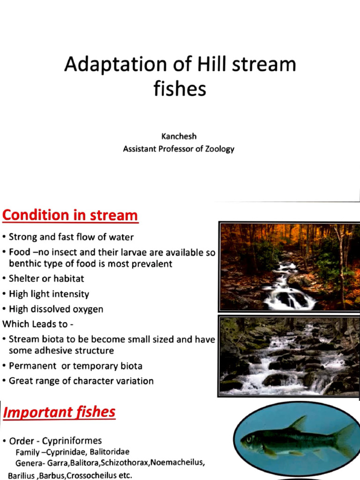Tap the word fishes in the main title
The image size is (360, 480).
(x=180, y=88)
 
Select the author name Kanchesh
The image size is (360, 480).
(x=179, y=136)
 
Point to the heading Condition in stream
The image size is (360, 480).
(x=70, y=215)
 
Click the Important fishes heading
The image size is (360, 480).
(x=59, y=412)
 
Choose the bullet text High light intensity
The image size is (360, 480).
(x=49, y=294)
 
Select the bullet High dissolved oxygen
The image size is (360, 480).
(x=56, y=309)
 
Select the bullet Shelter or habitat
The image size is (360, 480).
(x=46, y=278)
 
